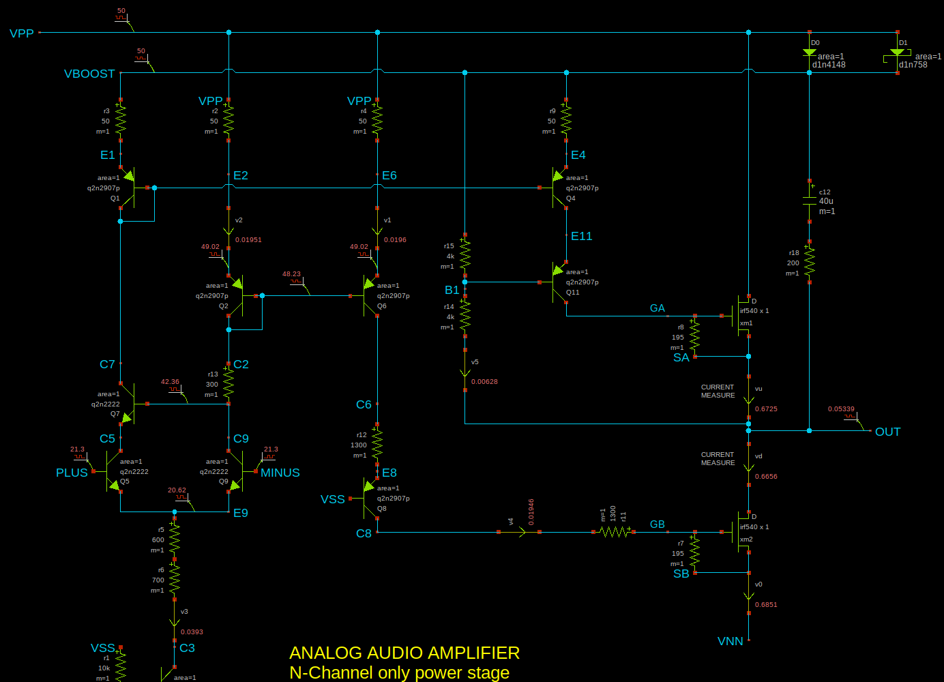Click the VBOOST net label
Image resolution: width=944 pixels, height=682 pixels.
(x=89, y=74)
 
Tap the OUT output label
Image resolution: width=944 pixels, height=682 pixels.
(x=887, y=432)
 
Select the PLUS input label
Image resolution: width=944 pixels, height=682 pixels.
(x=72, y=473)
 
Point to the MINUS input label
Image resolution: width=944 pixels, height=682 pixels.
(x=280, y=473)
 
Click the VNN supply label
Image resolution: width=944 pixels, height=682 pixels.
(x=730, y=641)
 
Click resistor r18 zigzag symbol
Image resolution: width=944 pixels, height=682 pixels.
(x=810, y=261)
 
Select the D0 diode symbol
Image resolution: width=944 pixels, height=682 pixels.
(x=810, y=53)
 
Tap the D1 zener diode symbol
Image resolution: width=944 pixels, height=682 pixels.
(x=897, y=53)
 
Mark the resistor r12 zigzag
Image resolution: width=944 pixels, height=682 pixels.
(x=377, y=444)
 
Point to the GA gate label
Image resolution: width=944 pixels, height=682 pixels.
(x=657, y=308)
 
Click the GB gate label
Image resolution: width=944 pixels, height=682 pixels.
(x=657, y=524)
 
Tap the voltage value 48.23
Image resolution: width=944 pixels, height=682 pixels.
(x=291, y=274)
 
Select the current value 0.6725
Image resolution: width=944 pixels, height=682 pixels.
(x=766, y=409)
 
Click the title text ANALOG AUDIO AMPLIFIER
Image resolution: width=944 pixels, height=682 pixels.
(x=404, y=653)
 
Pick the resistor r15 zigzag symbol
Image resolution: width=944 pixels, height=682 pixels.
(x=465, y=254)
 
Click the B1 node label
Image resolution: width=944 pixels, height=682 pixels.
(x=452, y=291)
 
